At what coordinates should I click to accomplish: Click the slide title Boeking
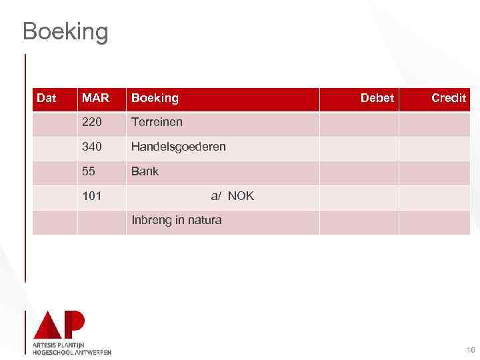click(65, 31)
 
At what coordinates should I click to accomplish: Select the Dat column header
click(46, 98)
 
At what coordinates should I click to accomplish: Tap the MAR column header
click(95, 98)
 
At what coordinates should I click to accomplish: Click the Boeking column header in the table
click(155, 98)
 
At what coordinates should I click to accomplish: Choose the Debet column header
click(377, 98)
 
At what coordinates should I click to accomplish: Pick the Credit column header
click(448, 98)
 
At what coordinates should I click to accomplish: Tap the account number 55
click(89, 171)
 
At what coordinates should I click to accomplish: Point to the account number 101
click(92, 196)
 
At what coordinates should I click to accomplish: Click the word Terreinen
click(157, 122)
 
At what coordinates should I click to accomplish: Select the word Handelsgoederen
click(178, 147)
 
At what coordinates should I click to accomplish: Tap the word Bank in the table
click(145, 171)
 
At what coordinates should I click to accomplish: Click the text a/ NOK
click(232, 196)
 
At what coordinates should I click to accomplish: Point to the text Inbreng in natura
click(177, 220)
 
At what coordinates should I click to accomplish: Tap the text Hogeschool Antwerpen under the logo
click(72, 352)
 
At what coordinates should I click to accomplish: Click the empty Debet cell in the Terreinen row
click(359, 123)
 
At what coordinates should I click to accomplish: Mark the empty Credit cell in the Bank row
click(434, 173)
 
